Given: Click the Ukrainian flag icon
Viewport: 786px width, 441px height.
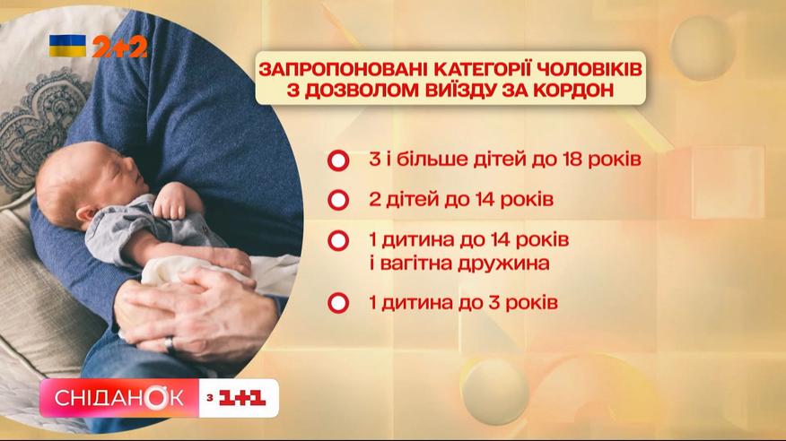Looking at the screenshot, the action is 67,46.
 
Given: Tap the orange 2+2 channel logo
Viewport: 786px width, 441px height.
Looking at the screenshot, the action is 120,47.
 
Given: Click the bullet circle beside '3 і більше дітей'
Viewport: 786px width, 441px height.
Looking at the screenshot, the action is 338,160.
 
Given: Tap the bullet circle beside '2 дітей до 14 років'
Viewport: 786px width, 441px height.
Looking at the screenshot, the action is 338,200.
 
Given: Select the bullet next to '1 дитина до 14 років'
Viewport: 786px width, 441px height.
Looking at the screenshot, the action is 338,241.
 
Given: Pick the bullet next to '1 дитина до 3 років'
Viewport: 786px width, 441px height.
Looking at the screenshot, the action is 338,303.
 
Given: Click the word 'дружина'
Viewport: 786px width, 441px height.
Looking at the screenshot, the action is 506,264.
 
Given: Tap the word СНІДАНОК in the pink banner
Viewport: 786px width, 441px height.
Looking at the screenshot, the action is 119,399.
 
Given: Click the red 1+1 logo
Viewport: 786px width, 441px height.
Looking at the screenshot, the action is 242,399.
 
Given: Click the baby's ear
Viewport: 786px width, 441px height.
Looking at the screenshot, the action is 85,214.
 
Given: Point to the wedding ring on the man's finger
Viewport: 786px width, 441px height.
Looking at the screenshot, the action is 170,345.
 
